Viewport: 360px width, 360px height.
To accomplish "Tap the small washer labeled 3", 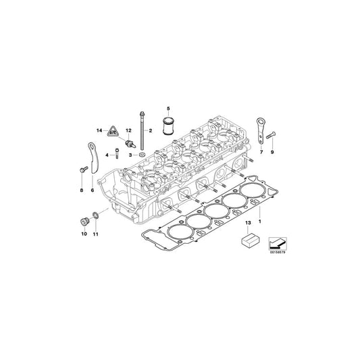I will point(142,155).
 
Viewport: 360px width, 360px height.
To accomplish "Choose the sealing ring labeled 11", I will point(96,216).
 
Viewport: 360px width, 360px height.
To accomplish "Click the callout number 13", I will point(247,222).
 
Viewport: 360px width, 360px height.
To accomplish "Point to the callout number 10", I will point(84,234).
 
